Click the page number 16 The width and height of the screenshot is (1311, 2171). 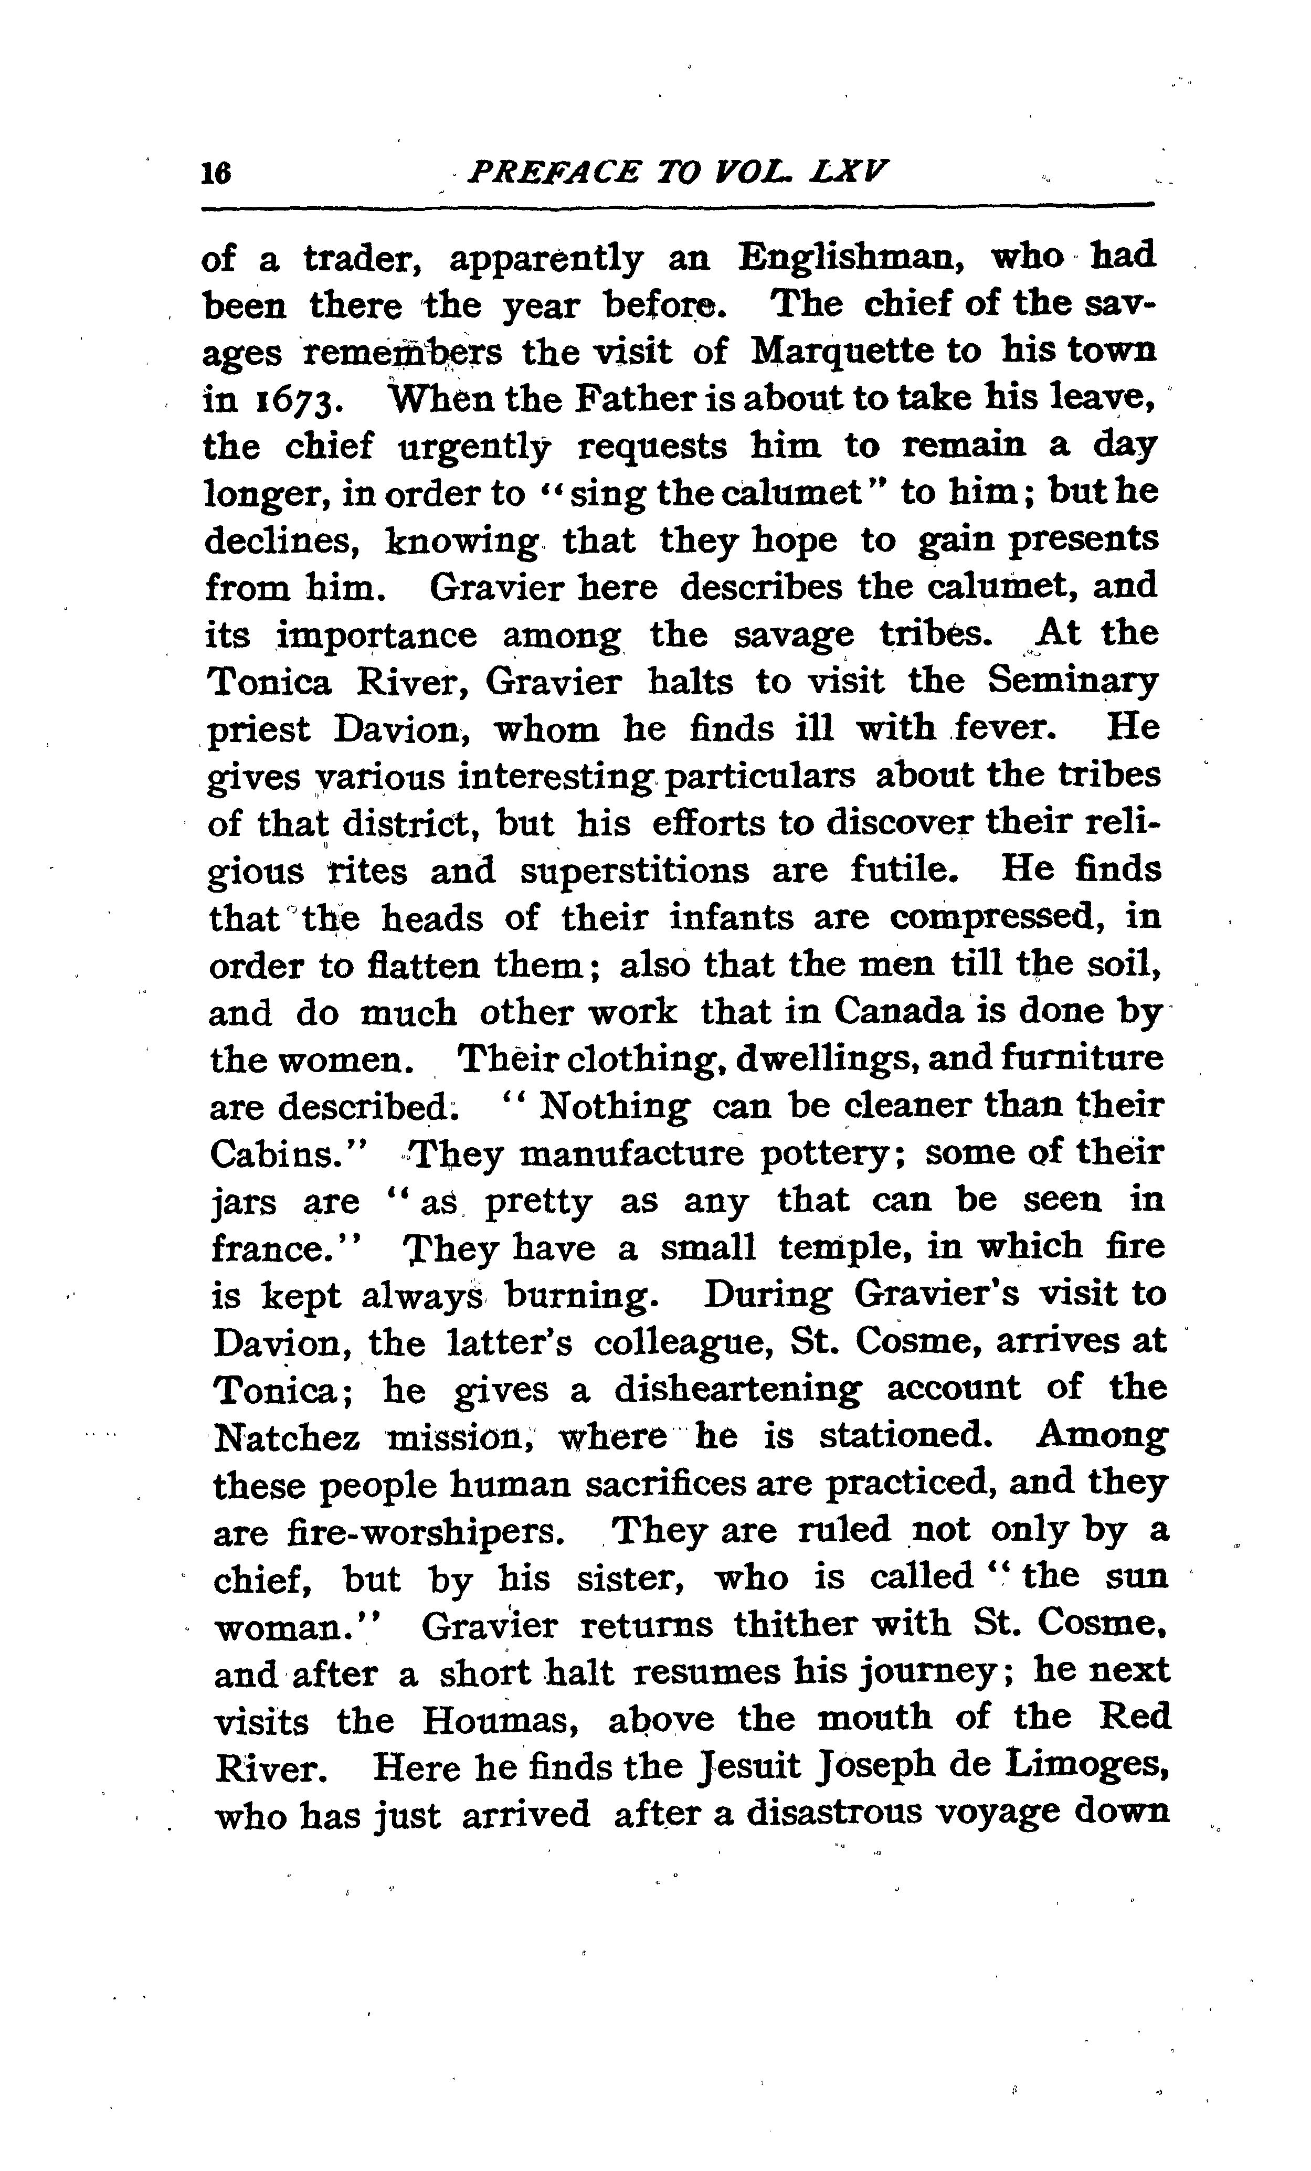[x=216, y=173]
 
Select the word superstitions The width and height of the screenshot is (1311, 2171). [x=635, y=871]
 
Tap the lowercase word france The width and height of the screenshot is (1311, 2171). [x=284, y=1249]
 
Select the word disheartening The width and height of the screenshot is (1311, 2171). [x=737, y=1390]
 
